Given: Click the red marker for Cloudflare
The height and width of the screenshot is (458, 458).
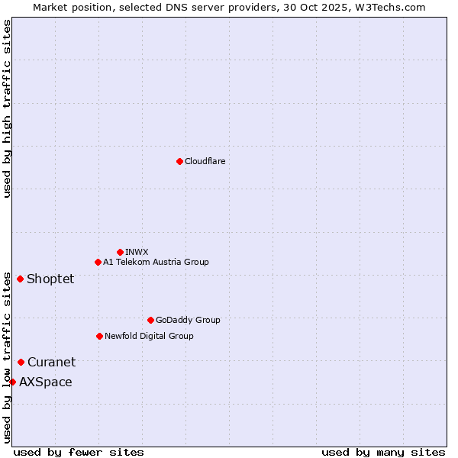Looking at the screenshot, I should pyautogui.click(x=179, y=161).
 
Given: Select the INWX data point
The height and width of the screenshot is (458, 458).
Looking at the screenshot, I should pyautogui.click(x=120, y=252).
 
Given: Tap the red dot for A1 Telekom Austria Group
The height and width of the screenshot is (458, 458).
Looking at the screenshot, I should pyautogui.click(x=98, y=262).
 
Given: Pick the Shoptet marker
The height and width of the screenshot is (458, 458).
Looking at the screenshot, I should pyautogui.click(x=20, y=279).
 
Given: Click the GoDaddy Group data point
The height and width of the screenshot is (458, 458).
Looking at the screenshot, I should pyautogui.click(x=150, y=320).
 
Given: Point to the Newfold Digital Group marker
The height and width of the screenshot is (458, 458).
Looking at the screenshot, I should pyautogui.click(x=99, y=336).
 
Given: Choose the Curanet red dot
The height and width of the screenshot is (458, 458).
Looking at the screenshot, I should pyautogui.click(x=21, y=362).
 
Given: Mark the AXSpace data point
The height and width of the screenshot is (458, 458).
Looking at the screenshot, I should pyautogui.click(x=12, y=382).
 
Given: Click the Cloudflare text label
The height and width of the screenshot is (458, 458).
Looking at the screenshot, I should pyautogui.click(x=205, y=161).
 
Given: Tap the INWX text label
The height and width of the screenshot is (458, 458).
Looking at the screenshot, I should pyautogui.click(x=137, y=252).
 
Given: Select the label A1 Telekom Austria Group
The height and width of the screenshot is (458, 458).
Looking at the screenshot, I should pyautogui.click(x=156, y=262).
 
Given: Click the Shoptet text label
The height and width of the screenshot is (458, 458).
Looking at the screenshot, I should pyautogui.click(x=50, y=279).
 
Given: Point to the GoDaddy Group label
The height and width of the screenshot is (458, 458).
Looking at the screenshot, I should pyautogui.click(x=188, y=320).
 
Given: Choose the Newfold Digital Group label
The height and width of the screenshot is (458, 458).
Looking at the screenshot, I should pyautogui.click(x=149, y=336).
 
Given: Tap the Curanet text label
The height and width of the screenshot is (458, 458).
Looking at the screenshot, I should pyautogui.click(x=51, y=362).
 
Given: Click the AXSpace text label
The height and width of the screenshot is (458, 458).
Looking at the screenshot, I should pyautogui.click(x=46, y=382).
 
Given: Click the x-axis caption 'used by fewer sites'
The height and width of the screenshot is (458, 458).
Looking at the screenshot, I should pyautogui.click(x=79, y=452).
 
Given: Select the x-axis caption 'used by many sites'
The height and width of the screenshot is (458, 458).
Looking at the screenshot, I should pyautogui.click(x=383, y=452).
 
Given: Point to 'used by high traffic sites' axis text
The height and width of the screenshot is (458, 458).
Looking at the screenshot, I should pyautogui.click(x=7, y=108).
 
